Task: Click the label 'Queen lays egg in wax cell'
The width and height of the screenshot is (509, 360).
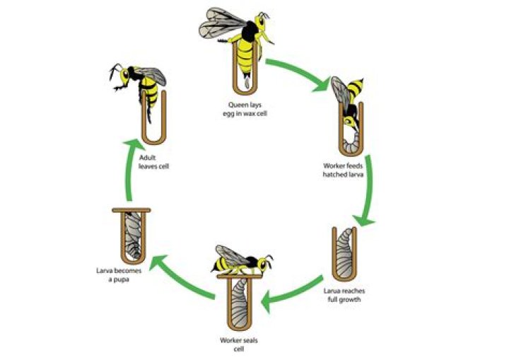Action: (x=245, y=109)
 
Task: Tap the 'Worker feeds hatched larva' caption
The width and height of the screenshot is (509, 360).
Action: (x=343, y=170)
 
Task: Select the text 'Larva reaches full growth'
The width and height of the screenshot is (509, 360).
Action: (x=344, y=295)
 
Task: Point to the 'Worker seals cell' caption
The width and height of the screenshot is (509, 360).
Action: (x=239, y=344)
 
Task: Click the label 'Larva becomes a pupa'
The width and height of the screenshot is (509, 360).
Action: (x=119, y=275)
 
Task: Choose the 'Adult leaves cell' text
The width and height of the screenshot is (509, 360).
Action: (x=154, y=162)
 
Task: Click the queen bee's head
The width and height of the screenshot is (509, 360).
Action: (x=260, y=21)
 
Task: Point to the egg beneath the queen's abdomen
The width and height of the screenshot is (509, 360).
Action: (x=247, y=83)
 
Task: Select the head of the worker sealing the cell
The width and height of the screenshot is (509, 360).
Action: (x=264, y=264)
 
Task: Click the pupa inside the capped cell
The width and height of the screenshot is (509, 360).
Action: (x=133, y=236)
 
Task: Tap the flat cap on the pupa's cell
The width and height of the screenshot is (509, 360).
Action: (x=131, y=210)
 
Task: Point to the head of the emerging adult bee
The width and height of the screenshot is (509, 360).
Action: (x=124, y=76)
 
